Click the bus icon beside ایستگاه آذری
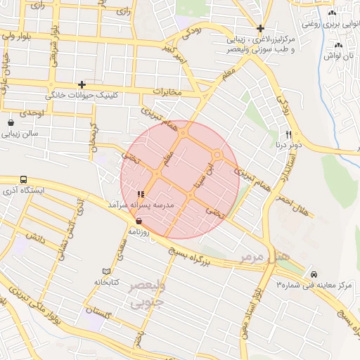coord(24,180)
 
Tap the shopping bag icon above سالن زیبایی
coord(11,122)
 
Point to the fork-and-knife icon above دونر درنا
coord(288,134)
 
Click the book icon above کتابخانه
coord(106,271)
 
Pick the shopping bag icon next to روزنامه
coord(138,220)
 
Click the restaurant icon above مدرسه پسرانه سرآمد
coord(141,193)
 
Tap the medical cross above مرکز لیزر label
coord(260,29)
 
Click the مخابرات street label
coord(167,93)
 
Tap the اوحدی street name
coord(32,112)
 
